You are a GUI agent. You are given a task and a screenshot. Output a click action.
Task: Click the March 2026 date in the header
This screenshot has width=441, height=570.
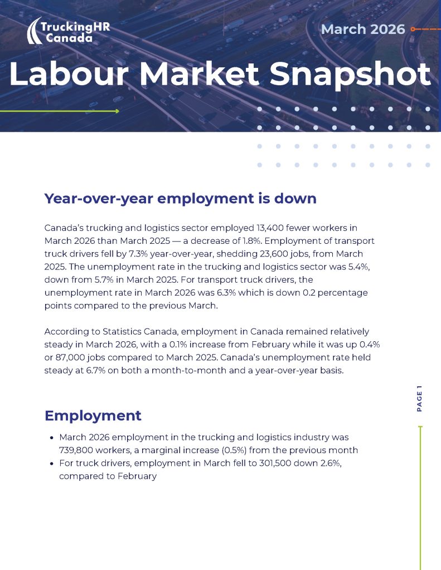click(363, 29)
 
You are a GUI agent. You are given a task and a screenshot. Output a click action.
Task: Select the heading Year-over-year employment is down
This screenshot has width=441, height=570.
click(180, 199)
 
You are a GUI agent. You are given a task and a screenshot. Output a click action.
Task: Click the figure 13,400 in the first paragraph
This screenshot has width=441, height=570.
click(272, 228)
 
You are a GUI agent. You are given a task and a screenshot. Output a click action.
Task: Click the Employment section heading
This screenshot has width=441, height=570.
click(93, 416)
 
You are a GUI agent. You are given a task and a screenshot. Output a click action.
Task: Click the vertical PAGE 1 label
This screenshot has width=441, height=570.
click(419, 399)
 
